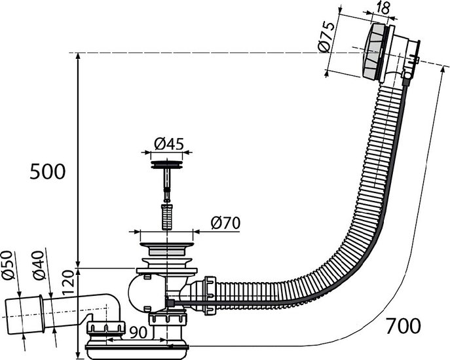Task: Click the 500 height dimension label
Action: pyautogui.click(x=48, y=172)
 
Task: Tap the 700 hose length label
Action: pyautogui.click(x=403, y=326)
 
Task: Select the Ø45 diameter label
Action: pyautogui.click(x=169, y=143)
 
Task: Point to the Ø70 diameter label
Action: pyautogui.click(x=225, y=223)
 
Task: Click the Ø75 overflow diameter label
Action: pyautogui.click(x=327, y=37)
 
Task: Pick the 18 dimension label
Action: pyautogui.click(x=382, y=9)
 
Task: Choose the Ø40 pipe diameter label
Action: pyautogui.click(x=39, y=265)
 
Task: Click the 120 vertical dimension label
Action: pyautogui.click(x=68, y=283)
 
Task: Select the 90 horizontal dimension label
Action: pyautogui.click(x=138, y=332)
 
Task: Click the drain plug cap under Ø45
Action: pyautogui.click(x=167, y=165)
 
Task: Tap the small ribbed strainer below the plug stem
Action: pyautogui.click(x=167, y=217)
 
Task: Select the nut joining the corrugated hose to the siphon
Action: pyautogui.click(x=210, y=296)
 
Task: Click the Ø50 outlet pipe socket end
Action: pyautogui.click(x=24, y=315)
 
